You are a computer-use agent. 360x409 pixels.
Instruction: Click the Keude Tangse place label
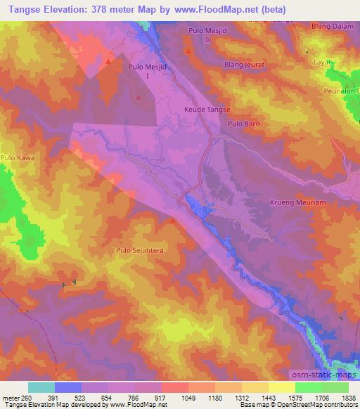pos(207,110)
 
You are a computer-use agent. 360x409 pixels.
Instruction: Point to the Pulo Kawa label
pos(18,158)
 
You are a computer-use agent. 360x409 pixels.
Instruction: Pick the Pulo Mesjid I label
pos(147,70)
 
